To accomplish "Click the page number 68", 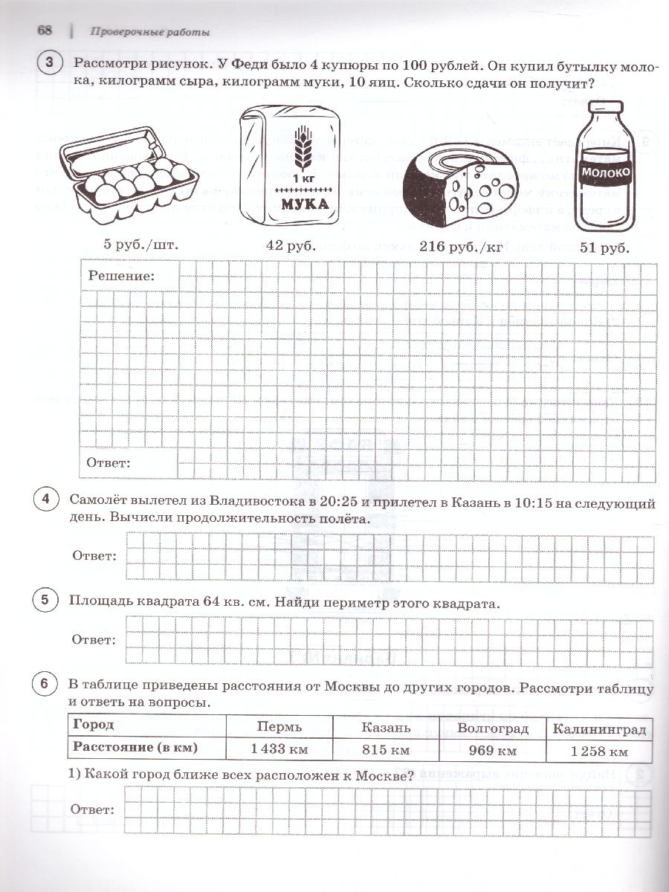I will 44,30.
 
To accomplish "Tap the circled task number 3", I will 50,65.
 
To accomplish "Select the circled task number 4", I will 46,502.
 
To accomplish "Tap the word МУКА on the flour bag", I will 302,204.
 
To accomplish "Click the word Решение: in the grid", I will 122,276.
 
